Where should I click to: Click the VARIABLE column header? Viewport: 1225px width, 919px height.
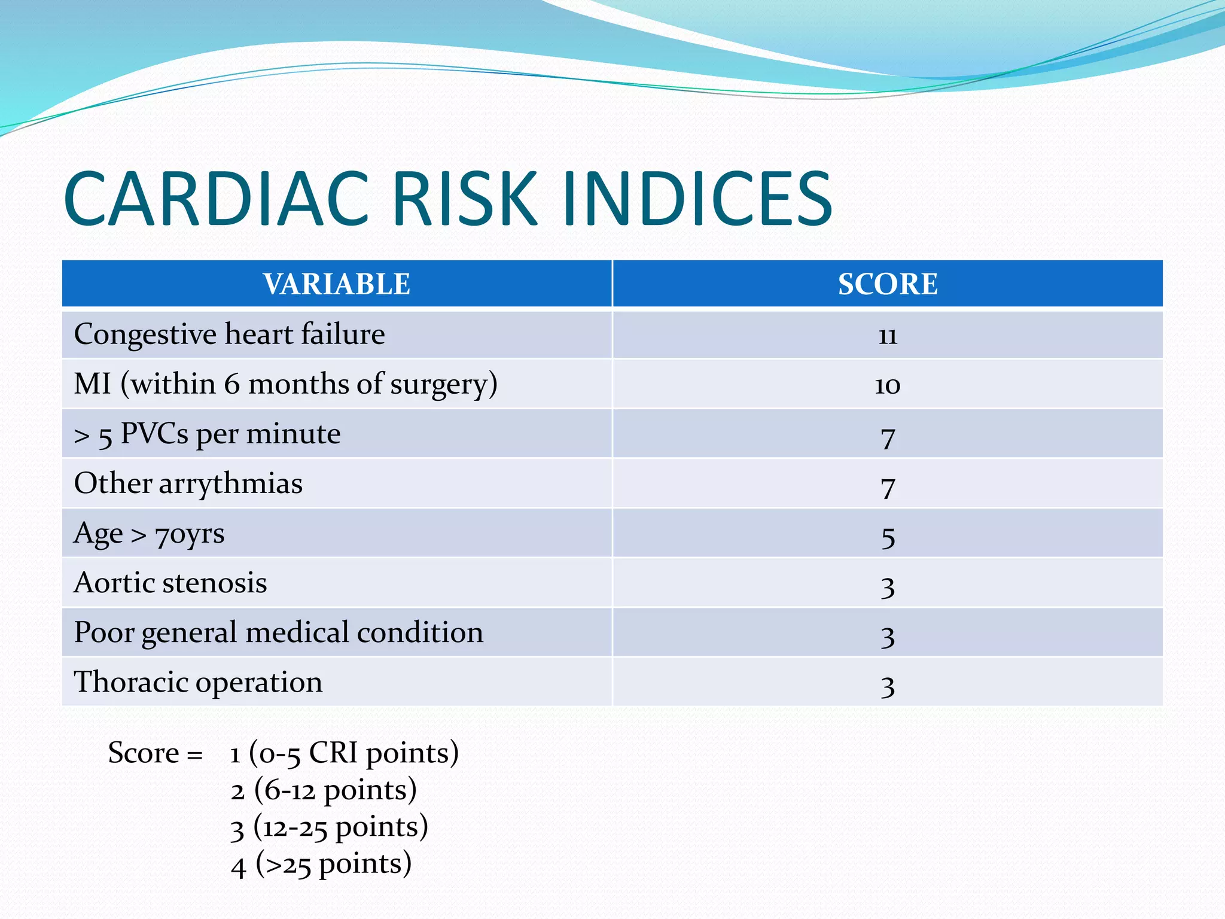[337, 284]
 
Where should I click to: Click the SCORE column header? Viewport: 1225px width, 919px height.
[888, 284]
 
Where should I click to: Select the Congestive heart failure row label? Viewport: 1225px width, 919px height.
[229, 334]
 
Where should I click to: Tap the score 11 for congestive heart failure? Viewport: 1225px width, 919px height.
[888, 336]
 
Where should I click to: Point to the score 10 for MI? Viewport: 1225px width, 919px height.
[888, 385]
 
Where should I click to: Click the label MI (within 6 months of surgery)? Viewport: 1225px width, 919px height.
[285, 384]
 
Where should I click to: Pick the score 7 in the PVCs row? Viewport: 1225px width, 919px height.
[888, 437]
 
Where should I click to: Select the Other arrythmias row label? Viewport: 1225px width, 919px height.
[188, 483]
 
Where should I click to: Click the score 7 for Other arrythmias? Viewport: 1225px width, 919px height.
[888, 486]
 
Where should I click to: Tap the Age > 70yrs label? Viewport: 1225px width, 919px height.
[149, 534]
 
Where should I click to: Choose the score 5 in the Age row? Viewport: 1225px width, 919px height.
[888, 536]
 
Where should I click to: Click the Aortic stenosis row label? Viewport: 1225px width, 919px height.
[170, 583]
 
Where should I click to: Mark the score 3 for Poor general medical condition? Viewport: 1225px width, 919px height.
[888, 635]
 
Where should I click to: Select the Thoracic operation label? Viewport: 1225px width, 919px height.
[198, 682]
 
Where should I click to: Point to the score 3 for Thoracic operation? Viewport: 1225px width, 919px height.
[888, 685]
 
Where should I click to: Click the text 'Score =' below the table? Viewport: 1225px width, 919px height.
[155, 753]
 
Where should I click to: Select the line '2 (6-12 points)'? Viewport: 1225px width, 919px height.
[324, 790]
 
